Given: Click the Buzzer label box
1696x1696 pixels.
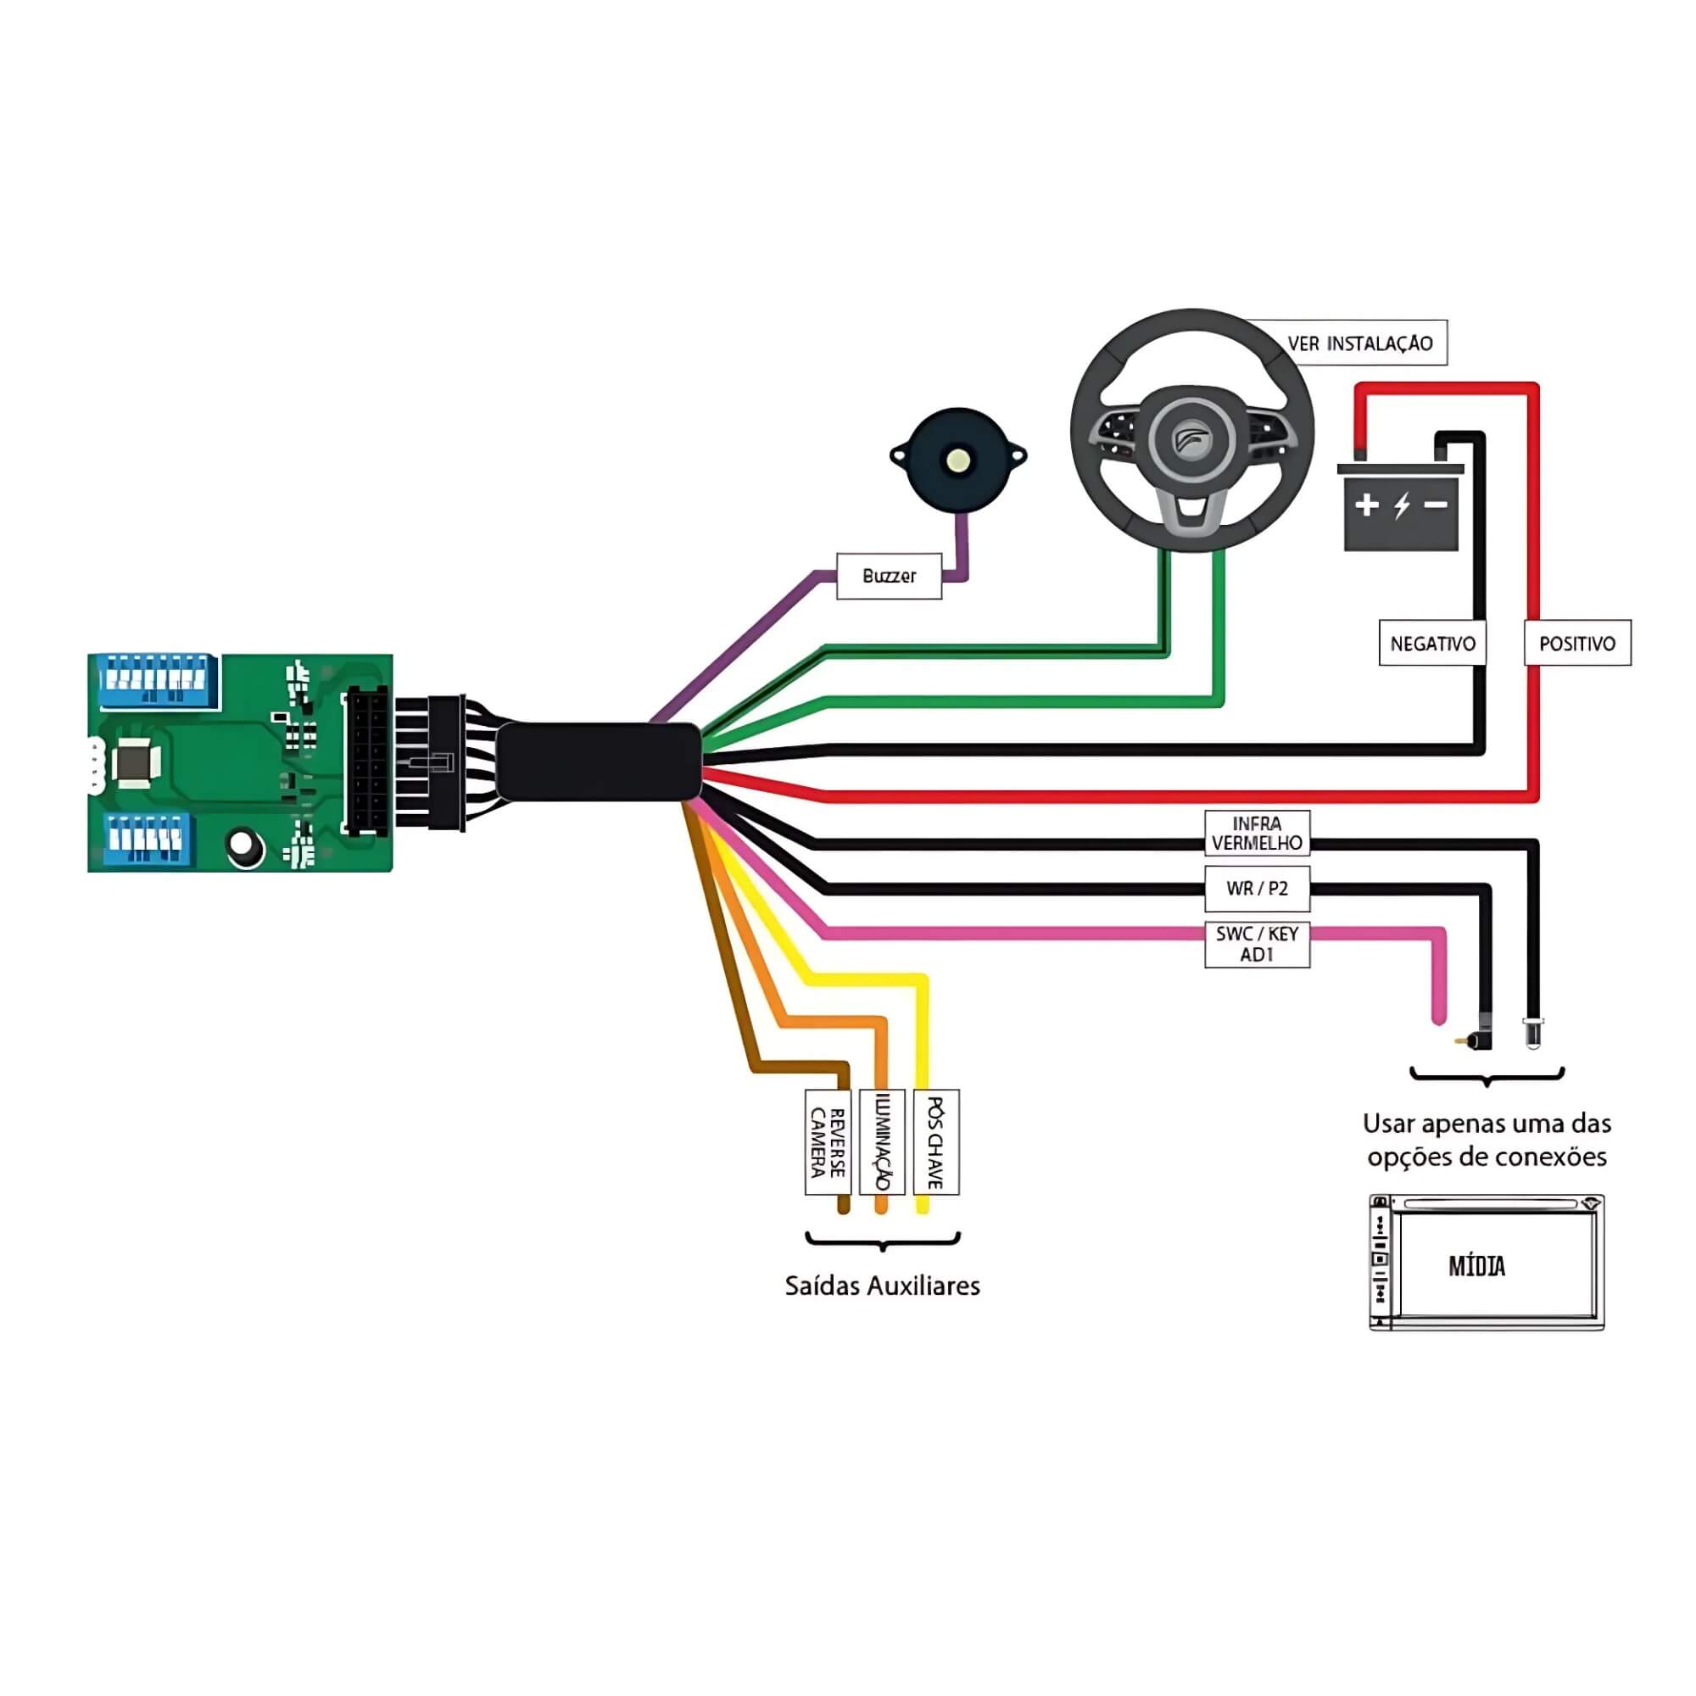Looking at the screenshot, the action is (x=889, y=576).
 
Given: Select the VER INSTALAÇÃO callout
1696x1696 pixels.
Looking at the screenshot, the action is (x=1360, y=343).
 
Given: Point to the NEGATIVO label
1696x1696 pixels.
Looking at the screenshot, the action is (x=1431, y=644).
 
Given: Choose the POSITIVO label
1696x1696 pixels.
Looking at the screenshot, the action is (x=1576, y=644).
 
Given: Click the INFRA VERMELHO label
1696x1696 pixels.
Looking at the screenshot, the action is (x=1257, y=833).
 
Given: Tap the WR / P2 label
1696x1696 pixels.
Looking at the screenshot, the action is (x=1257, y=889).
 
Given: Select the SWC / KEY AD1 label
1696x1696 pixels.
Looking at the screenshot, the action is (x=1257, y=945).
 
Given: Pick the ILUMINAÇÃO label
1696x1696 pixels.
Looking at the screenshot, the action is (x=882, y=1142).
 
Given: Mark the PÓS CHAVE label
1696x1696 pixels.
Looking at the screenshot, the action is (x=936, y=1142).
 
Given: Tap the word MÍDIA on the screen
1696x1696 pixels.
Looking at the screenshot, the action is (x=1476, y=1266).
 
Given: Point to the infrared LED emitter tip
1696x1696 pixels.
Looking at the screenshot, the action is (x=1531, y=1037).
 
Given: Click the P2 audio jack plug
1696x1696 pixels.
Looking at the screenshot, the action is (x=1473, y=1040).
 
